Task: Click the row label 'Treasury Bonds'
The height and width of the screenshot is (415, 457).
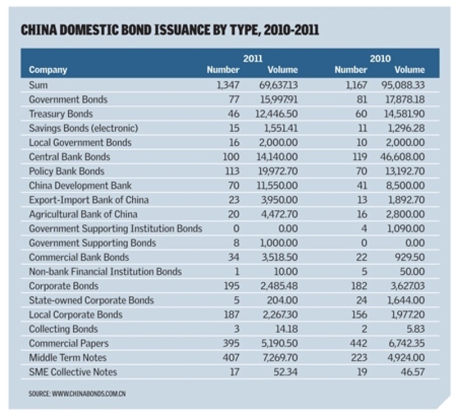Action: pos(61,114)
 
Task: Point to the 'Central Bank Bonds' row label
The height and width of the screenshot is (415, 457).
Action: pos(69,156)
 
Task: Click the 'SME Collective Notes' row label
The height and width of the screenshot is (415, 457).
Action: pos(73,372)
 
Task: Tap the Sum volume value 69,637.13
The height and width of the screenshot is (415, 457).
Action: pos(278,85)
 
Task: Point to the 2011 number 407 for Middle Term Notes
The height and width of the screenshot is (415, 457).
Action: pos(229,358)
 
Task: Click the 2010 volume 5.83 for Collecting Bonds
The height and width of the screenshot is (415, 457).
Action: pos(415,329)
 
